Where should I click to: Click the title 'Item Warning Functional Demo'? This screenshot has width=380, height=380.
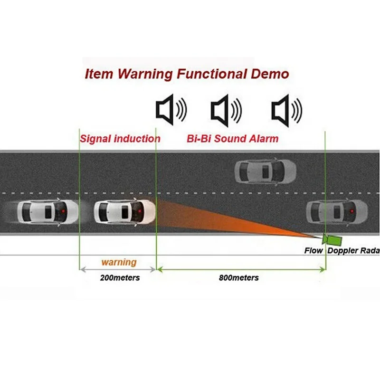[187, 74]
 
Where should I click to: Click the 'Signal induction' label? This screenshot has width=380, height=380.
[120, 139]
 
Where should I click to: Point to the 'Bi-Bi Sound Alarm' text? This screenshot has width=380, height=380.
[231, 139]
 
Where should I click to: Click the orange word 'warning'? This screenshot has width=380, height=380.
[119, 262]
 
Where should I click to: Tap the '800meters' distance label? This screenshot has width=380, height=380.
[239, 277]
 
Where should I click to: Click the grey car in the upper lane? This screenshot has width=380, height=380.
[266, 171]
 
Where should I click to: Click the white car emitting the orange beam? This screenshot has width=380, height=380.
[124, 211]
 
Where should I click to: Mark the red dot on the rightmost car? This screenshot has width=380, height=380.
[351, 210]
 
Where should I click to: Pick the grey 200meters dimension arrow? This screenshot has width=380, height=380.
[117, 269]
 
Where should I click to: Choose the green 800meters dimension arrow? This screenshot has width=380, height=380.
[241, 269]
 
